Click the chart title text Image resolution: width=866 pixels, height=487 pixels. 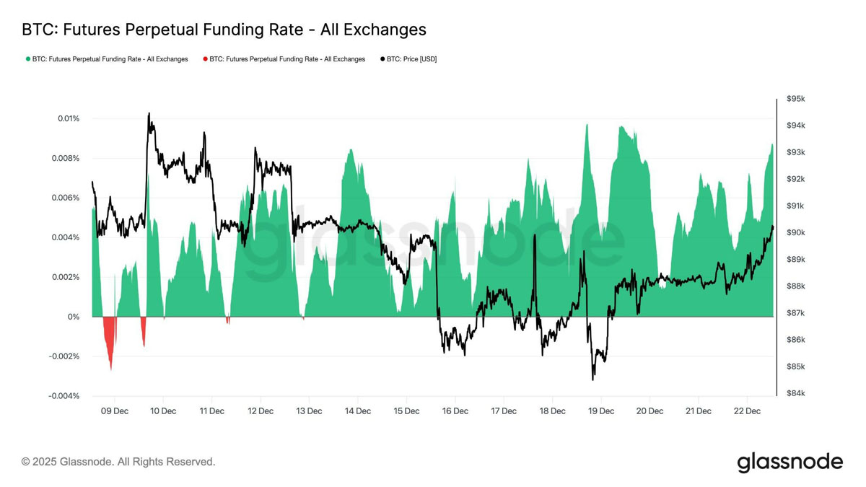224,30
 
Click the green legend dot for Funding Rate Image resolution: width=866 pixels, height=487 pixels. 28,59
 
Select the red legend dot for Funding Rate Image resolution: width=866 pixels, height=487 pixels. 206,59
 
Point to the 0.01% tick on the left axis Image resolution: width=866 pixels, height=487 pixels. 69,118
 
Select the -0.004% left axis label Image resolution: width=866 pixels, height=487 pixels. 64,396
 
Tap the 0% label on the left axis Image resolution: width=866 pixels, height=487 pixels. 74,317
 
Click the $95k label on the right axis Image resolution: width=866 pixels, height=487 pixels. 796,99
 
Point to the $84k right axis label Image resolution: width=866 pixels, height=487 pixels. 796,393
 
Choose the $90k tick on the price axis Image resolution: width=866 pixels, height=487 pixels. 796,232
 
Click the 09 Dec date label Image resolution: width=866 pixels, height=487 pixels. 114,411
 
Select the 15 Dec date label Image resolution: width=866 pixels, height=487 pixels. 406,411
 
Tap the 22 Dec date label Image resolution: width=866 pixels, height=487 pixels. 747,411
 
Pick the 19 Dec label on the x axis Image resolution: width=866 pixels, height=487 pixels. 601,411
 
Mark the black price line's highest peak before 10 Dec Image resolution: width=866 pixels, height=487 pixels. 149,113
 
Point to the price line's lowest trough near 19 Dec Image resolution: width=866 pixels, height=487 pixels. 593,379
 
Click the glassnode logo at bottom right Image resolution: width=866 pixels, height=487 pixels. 790,462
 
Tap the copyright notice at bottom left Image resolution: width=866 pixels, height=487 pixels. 118,462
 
